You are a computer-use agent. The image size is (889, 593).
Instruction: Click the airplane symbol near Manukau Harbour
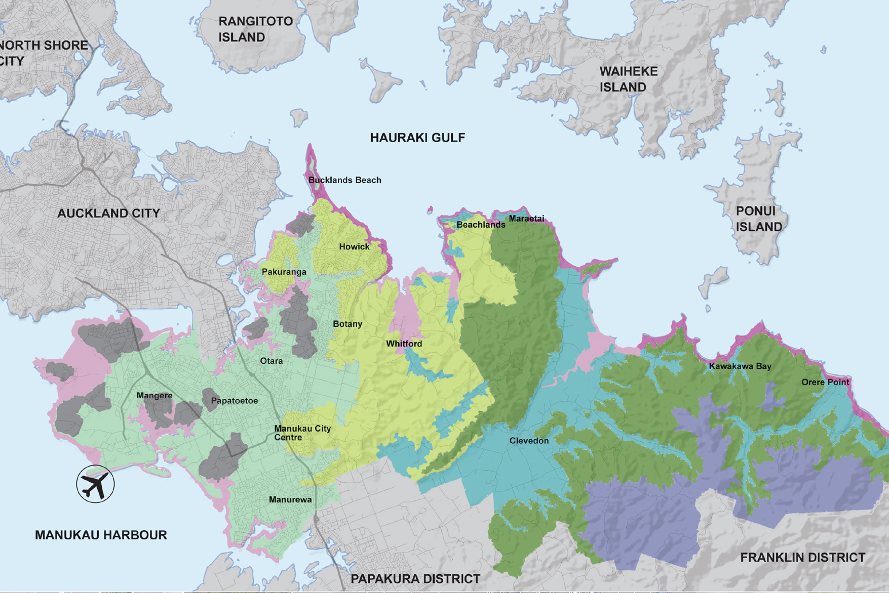coord(95,484)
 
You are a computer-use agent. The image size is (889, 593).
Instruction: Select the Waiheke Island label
coord(628,79)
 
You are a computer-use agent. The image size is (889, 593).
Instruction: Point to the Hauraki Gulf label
coord(417,138)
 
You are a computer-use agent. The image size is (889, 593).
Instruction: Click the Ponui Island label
coord(758,219)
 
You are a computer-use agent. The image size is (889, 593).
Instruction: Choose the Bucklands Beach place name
coord(344,180)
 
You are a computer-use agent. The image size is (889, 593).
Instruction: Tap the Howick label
coord(354,246)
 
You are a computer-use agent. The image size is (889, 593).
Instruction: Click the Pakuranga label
coord(284,272)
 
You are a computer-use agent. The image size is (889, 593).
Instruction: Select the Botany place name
coord(347,324)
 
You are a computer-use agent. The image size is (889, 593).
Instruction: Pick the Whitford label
coord(404,344)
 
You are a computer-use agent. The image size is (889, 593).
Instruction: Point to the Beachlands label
coord(481,225)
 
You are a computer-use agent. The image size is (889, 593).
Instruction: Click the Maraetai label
coord(526,219)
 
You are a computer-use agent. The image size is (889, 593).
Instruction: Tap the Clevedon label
coord(529,441)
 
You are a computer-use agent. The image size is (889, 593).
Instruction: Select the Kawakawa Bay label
coord(740,366)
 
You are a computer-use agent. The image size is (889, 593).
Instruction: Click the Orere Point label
coord(825,382)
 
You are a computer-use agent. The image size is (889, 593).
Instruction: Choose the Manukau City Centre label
coord(302,433)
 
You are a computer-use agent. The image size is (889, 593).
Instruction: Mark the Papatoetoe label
coord(234,401)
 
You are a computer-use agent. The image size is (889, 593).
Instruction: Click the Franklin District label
coord(802,558)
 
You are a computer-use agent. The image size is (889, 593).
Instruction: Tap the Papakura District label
coord(415,579)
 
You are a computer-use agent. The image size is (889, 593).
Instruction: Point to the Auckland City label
coord(108,213)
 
